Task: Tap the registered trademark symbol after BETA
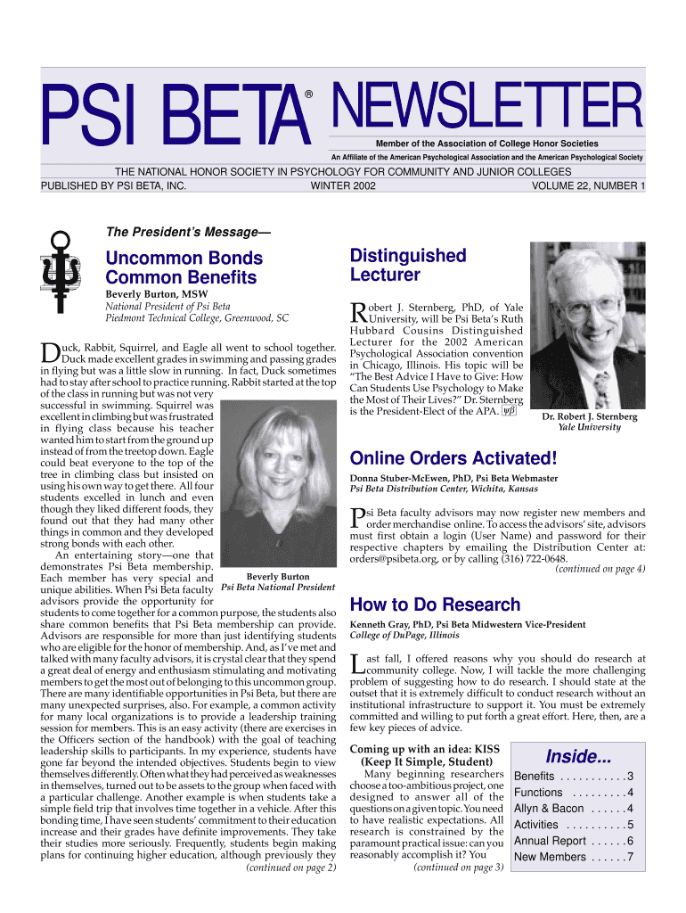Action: tap(309, 93)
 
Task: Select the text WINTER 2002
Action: tap(343, 186)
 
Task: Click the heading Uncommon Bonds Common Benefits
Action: tap(184, 267)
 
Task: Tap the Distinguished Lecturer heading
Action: tap(408, 265)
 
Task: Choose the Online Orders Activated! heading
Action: tap(453, 459)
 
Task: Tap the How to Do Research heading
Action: tap(436, 605)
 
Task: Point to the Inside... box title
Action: tap(578, 757)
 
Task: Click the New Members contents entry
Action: tap(574, 857)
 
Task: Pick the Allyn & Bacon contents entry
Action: tap(574, 809)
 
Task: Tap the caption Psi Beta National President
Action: tap(278, 587)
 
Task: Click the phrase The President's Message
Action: tap(187, 232)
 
